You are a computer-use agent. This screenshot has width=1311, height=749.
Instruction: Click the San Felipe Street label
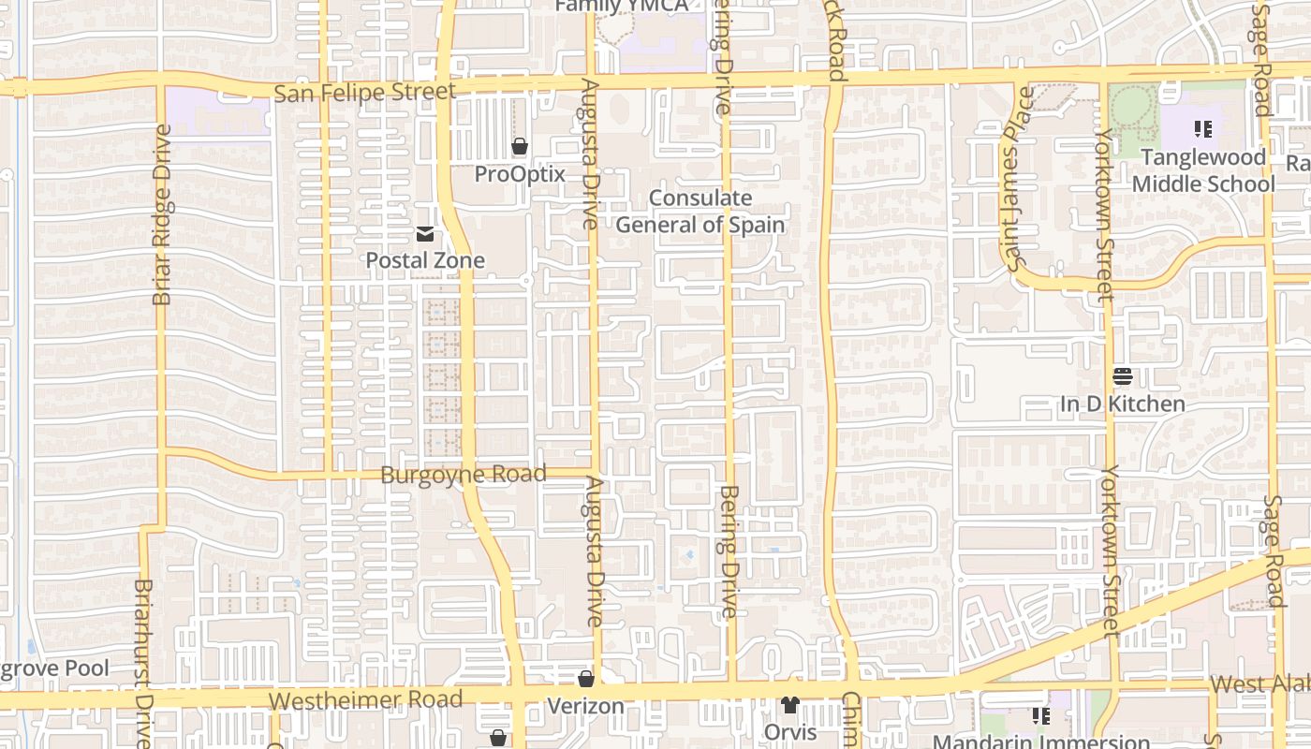tap(365, 92)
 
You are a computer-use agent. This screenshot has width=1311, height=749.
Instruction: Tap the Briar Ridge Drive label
tap(162, 214)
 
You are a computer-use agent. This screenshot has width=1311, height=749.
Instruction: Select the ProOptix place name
tap(520, 174)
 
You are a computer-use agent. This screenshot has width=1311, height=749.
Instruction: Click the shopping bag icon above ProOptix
tap(520, 146)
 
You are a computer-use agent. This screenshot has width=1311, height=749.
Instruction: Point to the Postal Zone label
tap(425, 260)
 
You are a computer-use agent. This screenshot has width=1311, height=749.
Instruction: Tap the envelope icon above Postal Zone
tap(425, 233)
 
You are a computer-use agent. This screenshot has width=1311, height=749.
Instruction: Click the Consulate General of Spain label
tap(700, 212)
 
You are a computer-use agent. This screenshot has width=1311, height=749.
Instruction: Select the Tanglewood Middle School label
tap(1203, 170)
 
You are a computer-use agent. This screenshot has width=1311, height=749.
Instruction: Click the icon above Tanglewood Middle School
tap(1203, 128)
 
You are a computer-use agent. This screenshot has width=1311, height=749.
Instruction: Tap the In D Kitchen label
tap(1123, 404)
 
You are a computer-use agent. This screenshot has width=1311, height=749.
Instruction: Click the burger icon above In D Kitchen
tap(1123, 376)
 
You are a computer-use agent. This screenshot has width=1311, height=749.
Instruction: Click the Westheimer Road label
tap(365, 700)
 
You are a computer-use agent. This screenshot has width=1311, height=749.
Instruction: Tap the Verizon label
tap(585, 706)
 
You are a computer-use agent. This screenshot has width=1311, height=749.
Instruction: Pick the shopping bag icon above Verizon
tap(586, 679)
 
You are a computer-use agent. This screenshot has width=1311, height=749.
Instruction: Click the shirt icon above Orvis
tap(790, 705)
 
